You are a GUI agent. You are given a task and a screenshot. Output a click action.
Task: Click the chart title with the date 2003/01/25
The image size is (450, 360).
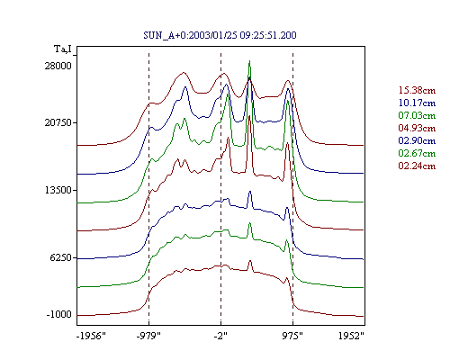click(x=220, y=35)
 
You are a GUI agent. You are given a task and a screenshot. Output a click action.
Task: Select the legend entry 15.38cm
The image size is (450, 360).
click(x=417, y=90)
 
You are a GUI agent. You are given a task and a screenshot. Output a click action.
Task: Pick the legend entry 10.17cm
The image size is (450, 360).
click(x=417, y=103)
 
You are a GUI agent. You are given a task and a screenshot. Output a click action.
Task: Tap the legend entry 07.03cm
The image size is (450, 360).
click(x=417, y=115)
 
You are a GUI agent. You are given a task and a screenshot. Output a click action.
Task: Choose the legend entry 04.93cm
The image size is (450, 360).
click(x=417, y=128)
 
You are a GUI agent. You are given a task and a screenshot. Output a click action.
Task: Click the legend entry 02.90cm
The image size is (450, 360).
click(x=417, y=140)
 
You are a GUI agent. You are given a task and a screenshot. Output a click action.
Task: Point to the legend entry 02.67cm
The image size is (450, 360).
click(x=417, y=153)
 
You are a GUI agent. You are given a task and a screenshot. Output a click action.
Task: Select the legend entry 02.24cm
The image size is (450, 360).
click(x=417, y=166)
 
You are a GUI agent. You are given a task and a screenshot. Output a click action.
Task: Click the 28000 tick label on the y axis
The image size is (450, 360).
click(x=58, y=66)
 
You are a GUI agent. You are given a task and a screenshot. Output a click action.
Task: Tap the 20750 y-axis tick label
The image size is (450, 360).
click(x=58, y=122)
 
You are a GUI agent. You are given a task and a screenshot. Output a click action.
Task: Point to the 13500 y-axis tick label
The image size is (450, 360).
click(x=58, y=190)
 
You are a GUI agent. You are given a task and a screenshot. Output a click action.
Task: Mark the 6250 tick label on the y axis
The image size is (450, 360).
click(x=60, y=257)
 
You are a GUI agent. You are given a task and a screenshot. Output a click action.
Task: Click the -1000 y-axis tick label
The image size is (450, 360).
click(x=59, y=314)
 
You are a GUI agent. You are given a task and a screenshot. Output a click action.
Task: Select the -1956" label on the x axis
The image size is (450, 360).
click(x=92, y=336)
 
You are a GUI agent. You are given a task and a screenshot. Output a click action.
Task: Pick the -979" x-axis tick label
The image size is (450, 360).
click(x=148, y=336)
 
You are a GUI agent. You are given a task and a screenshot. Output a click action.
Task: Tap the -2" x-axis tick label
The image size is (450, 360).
click(x=220, y=336)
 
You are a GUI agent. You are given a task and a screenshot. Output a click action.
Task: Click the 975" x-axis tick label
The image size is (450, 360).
click(x=292, y=336)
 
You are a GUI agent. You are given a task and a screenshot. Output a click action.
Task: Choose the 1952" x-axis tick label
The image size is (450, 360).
click(x=351, y=336)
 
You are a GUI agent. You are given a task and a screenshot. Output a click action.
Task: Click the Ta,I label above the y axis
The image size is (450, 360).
click(x=63, y=49)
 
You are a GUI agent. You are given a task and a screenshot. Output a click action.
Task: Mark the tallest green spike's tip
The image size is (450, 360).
click(x=249, y=61)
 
